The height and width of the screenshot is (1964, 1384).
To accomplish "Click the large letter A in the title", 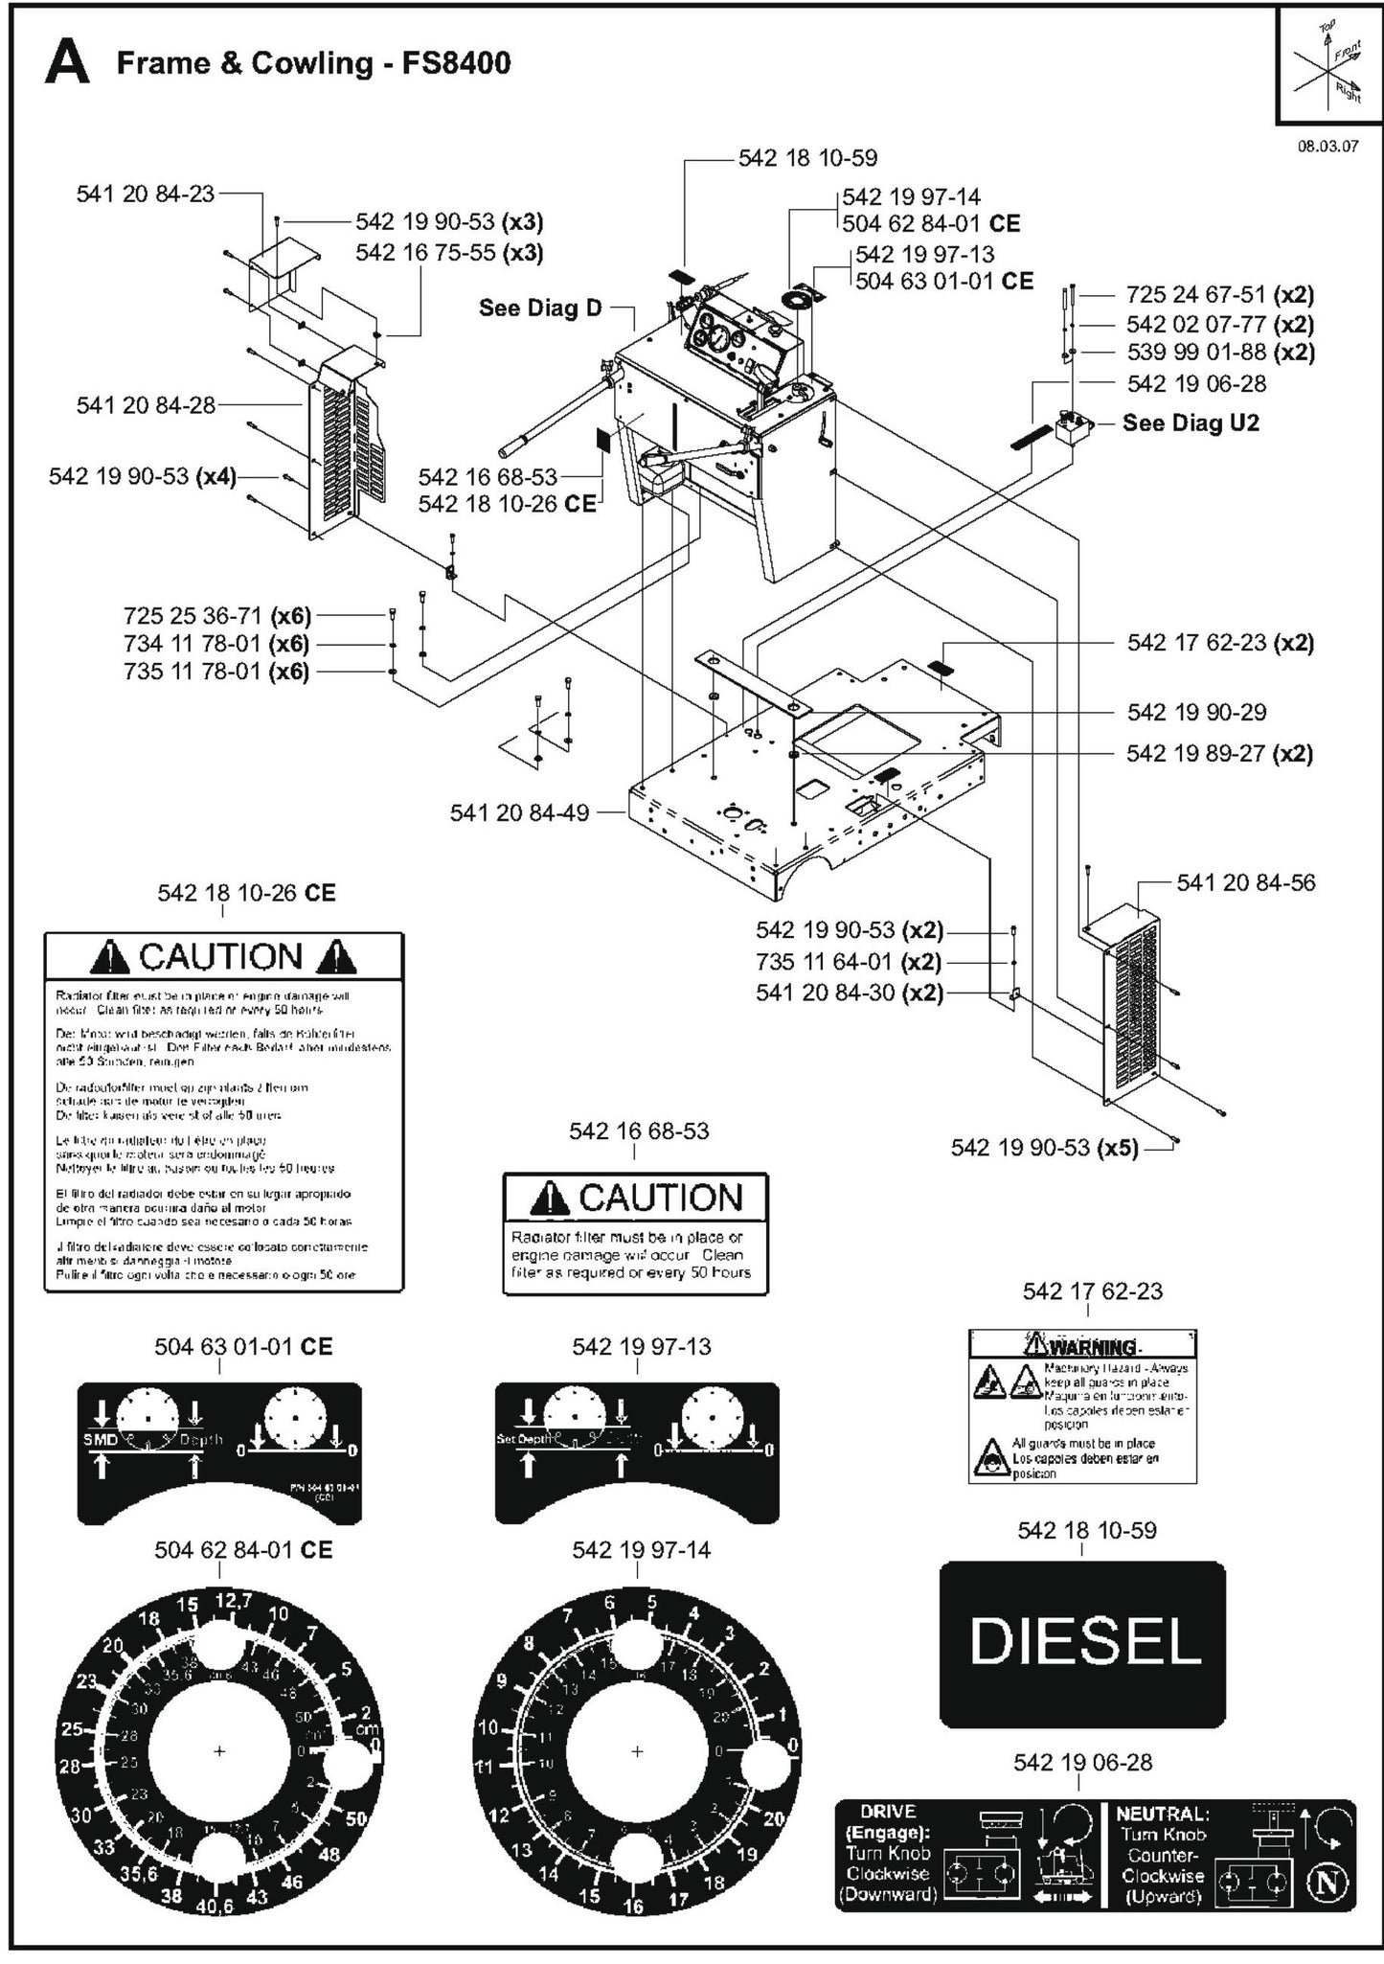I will coord(67,64).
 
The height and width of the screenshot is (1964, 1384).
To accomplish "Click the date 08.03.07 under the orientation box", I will coord(1327,148).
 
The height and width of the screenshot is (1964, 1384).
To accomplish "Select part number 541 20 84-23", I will coord(145,194).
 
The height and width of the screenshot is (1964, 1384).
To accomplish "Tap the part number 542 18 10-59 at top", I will coord(807,158).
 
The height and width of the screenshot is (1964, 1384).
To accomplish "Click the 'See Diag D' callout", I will coord(540,308).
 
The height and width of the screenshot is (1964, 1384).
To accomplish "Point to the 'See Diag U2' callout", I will coord(1191,422).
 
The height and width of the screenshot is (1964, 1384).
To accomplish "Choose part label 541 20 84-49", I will coord(519,813).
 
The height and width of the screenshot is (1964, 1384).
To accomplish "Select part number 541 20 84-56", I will coord(1245,882).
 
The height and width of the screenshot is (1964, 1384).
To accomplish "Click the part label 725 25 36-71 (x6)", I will coord(216,615).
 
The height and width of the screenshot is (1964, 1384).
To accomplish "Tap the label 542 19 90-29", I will coord(1196,712).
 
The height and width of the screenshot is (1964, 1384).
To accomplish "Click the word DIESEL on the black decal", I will coord(1084,1641).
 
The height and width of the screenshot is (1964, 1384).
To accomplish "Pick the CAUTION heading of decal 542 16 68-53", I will coord(661,1199).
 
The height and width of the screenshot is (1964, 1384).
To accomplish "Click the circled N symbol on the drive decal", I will coord(1327,1883).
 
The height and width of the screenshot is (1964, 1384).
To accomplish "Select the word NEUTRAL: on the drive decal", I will coord(1162,1814).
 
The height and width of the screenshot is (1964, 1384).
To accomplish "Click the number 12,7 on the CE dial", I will coord(233,1601).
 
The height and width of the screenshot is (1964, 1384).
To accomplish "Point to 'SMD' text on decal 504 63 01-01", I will coord(99,1440).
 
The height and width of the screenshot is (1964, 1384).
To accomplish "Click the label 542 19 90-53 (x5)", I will coord(1044,1148).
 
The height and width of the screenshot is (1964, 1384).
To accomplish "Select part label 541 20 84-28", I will coord(146,405).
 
